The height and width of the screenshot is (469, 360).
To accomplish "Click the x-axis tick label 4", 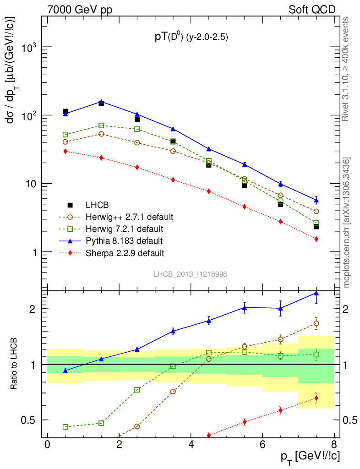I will coord(191,445).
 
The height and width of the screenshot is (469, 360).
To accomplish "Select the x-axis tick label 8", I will coord(334,445).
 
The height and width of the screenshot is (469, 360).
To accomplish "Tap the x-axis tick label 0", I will coord(47,445).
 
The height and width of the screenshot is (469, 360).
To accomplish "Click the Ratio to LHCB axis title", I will coord(15,364).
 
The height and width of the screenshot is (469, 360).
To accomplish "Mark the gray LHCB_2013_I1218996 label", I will coord(191,274).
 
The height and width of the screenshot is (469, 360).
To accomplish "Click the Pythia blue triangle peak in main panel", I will coord(101,102).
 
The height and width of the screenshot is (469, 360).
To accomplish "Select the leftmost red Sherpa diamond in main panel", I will coord(65,151).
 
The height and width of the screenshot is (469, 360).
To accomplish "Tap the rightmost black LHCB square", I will coord(316,226).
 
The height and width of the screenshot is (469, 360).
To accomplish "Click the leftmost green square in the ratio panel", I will coord(65,427).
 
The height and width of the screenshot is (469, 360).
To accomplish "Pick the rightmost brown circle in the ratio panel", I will coord(316,323).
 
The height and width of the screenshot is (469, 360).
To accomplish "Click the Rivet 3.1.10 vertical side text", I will coord(346,69).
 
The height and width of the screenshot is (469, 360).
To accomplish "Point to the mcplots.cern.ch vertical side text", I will coord(347,222).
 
